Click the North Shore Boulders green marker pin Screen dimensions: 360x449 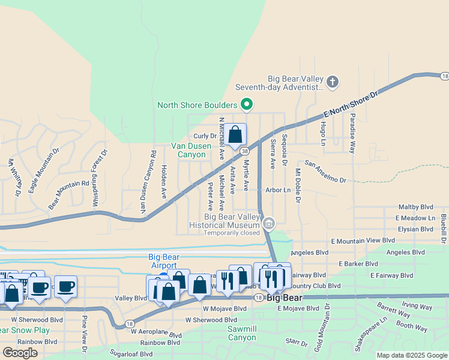tap(246, 105)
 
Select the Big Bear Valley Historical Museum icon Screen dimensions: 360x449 tap(269, 225)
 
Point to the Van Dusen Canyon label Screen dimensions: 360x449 tap(196, 150)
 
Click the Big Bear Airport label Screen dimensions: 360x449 tap(163, 261)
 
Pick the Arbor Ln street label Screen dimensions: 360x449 tap(278, 190)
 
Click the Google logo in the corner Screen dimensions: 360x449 tap(20, 352)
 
